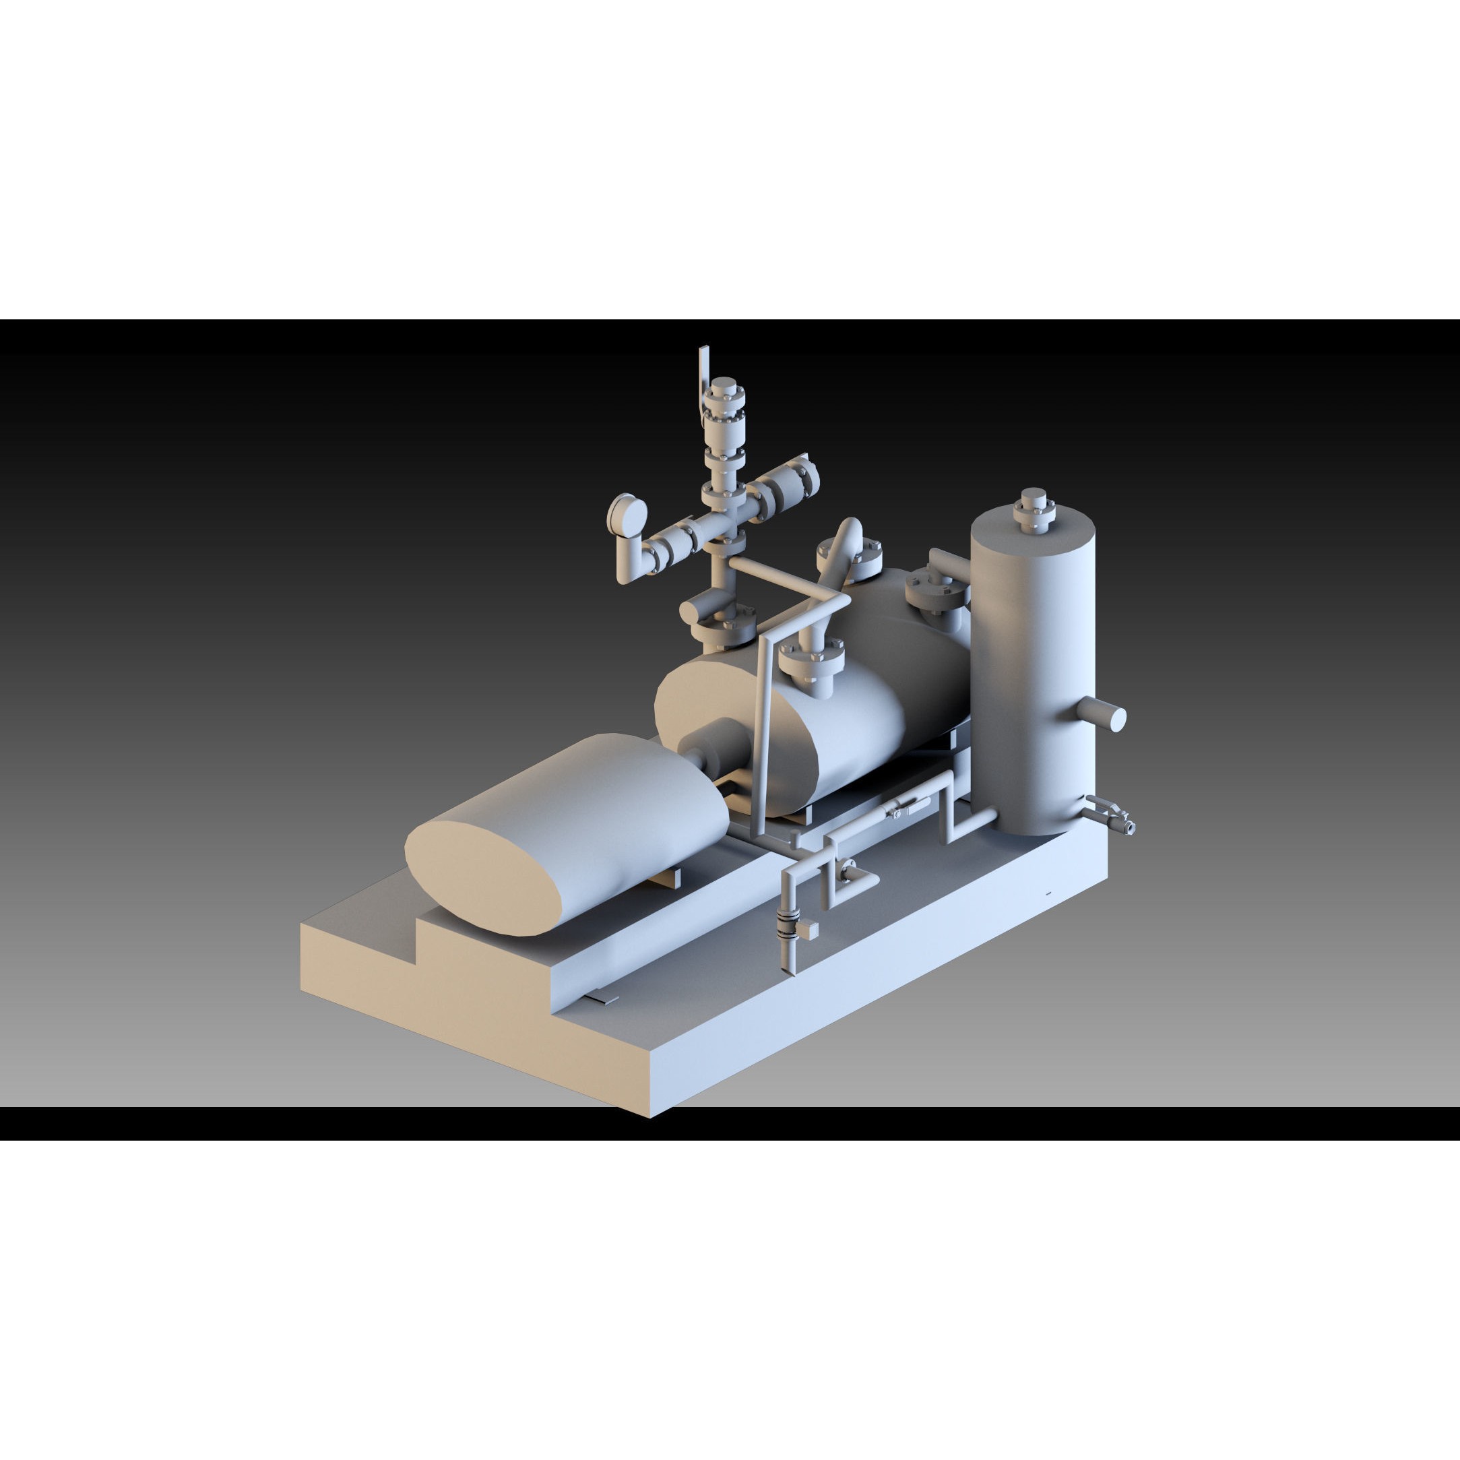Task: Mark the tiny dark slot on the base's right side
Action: click(1048, 894)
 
